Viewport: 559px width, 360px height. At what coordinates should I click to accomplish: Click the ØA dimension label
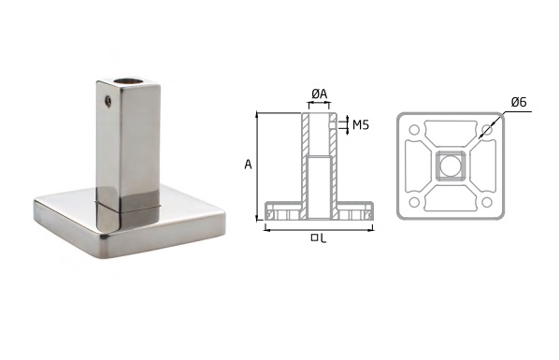coord(319,94)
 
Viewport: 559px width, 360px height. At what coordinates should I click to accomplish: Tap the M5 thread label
coord(361,125)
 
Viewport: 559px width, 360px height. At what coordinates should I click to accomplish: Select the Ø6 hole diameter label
coord(519,103)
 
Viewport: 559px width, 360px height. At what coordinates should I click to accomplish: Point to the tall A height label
coord(248,165)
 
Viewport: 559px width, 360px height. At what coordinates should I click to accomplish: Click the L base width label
coord(322,238)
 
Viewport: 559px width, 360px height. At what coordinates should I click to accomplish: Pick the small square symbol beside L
coord(314,238)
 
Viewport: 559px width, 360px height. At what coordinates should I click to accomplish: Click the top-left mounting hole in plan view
coord(414,129)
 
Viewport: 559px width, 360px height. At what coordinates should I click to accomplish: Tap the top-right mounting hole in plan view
coord(487,129)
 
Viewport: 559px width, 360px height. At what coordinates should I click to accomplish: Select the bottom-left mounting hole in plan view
coord(414,202)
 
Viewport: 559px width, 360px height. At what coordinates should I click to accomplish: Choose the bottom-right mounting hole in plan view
coord(487,202)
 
